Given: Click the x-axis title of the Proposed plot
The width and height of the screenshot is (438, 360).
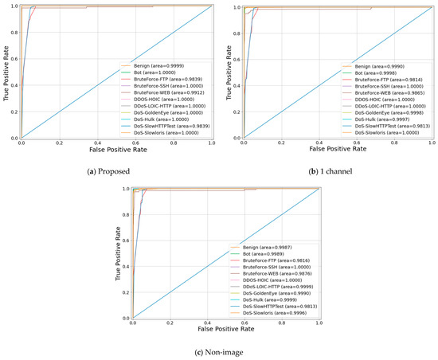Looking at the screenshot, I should (x=116, y=149).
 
